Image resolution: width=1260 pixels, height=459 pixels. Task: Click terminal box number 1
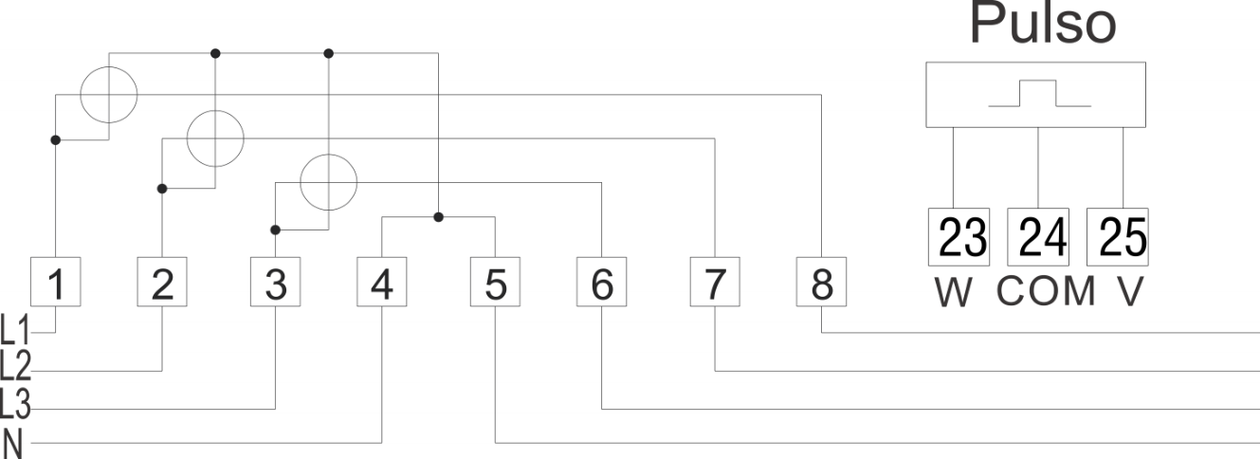[55, 282]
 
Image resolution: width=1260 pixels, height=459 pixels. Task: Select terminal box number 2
[162, 282]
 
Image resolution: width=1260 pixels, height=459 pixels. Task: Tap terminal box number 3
[276, 282]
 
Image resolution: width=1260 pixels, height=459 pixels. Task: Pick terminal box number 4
[382, 282]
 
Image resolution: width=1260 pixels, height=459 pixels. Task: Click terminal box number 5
[496, 282]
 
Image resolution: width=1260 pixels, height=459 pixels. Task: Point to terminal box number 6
[602, 282]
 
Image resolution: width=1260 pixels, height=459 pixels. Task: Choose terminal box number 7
[715, 282]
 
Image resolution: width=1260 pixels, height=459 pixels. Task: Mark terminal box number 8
[821, 282]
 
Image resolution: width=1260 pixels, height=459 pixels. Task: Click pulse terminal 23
[959, 237]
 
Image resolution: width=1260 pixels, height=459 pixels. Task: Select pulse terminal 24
[1038, 237]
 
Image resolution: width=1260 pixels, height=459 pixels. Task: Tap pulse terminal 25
[1118, 237]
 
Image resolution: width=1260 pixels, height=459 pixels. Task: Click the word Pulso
[1043, 23]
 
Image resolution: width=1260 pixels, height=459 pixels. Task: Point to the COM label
[1047, 291]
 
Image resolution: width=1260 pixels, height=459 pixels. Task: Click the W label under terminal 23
[954, 292]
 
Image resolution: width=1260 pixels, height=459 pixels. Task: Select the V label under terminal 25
[1130, 292]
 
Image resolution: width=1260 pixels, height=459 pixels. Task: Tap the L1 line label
[14, 330]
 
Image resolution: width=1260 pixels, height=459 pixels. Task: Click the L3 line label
[14, 404]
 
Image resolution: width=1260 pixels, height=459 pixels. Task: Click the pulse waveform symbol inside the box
[1039, 93]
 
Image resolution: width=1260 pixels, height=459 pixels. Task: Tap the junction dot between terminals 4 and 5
[439, 217]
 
